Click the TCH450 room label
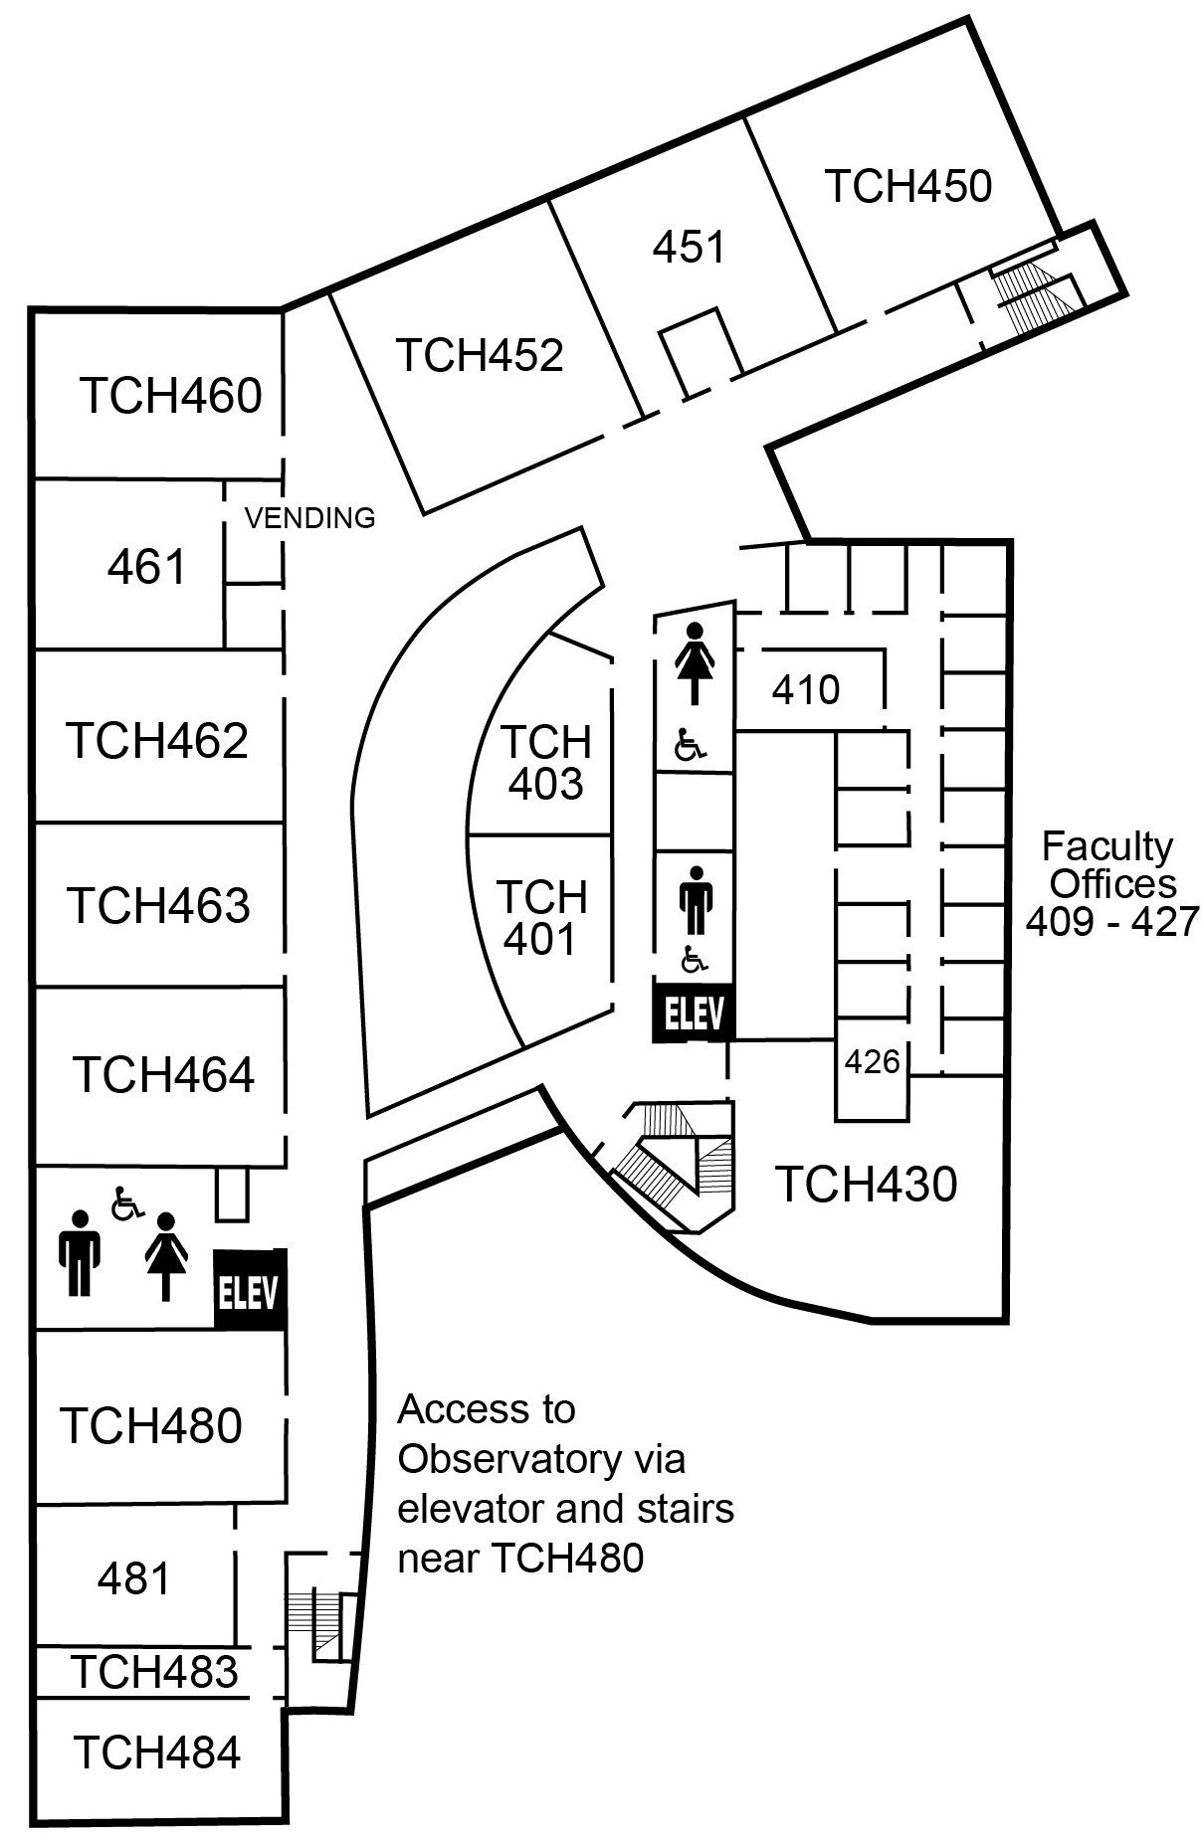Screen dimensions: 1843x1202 (x=907, y=186)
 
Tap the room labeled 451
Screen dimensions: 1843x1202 (x=689, y=247)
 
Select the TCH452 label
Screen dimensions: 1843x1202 (x=480, y=355)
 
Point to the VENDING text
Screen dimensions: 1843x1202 (x=309, y=518)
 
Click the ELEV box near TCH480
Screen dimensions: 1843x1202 (x=250, y=1291)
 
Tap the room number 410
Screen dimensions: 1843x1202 (x=806, y=689)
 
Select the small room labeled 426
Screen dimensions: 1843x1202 (x=872, y=1062)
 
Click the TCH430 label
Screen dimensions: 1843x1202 (x=866, y=1184)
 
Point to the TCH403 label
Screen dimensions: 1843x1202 (x=545, y=763)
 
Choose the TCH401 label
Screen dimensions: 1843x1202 (x=541, y=918)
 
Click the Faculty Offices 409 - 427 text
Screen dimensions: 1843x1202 (x=1110, y=883)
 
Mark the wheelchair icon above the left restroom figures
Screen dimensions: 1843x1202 (x=126, y=1202)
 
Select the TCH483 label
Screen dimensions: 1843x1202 (x=154, y=1672)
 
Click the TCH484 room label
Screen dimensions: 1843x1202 (x=156, y=1751)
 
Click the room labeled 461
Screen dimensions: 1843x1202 (x=146, y=567)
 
